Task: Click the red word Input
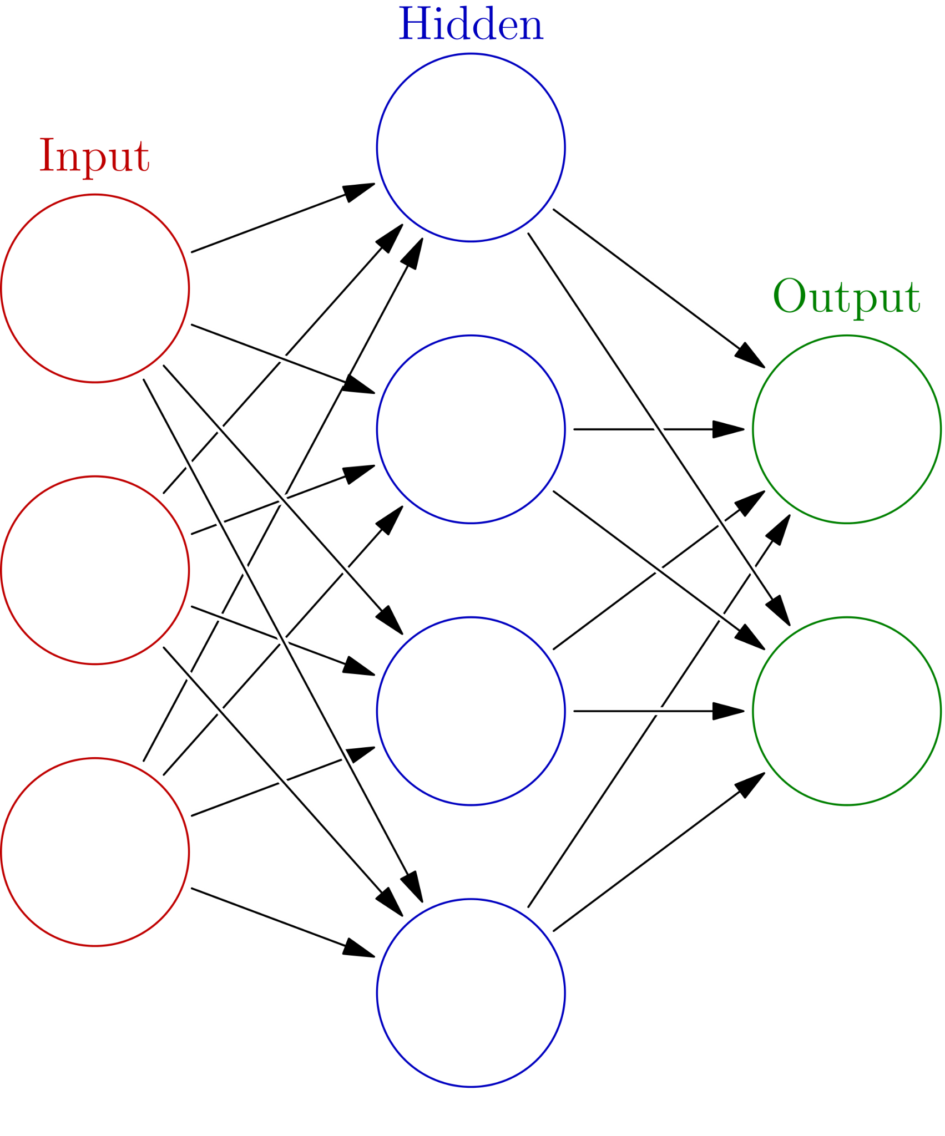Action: tap(94, 157)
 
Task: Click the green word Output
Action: tap(846, 297)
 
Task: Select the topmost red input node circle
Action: tap(95, 288)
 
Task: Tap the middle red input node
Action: tap(95, 570)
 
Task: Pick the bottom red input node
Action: tap(95, 851)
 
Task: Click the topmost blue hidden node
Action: tap(471, 147)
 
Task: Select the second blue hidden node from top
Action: tap(471, 429)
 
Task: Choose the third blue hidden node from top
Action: tap(471, 711)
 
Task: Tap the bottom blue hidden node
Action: tap(471, 992)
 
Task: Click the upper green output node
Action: tap(846, 429)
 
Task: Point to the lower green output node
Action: tap(846, 711)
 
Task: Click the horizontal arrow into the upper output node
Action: tap(655, 429)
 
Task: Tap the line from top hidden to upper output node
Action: tap(646, 280)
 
